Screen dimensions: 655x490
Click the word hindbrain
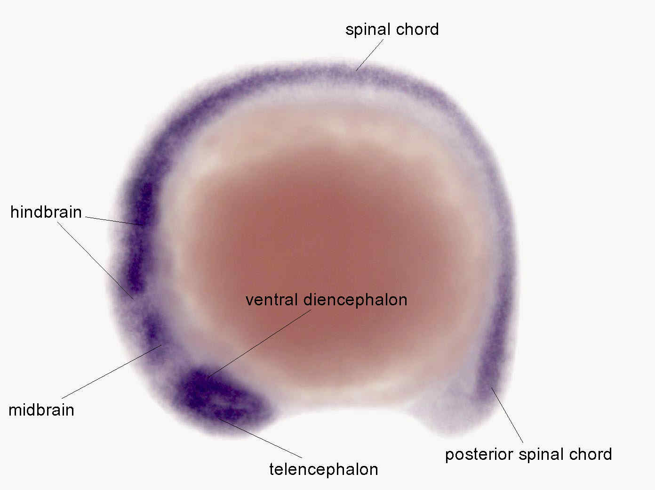click(x=46, y=212)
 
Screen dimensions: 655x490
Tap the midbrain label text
click(x=41, y=410)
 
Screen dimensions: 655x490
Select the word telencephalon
click(x=324, y=469)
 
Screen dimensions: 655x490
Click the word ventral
click(x=272, y=300)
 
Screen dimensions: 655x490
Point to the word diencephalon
click(x=355, y=300)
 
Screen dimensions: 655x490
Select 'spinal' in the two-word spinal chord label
click(x=368, y=30)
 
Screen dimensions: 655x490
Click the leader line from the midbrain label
click(x=112, y=372)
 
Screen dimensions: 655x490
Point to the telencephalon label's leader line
click(x=260, y=438)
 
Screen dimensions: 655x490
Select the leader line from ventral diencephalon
click(x=260, y=343)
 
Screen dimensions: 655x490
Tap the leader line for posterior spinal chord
click(x=507, y=415)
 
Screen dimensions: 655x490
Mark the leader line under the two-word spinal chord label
click(x=369, y=55)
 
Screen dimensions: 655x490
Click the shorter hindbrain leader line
click(x=114, y=221)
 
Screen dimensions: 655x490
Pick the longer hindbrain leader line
click(x=95, y=260)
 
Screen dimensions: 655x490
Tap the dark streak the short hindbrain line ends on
click(x=140, y=236)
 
